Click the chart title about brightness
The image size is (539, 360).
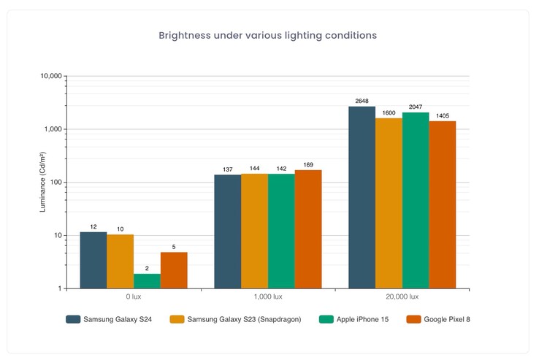coord(268,35)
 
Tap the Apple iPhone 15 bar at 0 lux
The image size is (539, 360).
coord(147,281)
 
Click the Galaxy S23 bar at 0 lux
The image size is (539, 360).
coord(120,261)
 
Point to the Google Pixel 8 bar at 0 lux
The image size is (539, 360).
coord(174,270)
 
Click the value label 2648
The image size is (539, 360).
coord(362,100)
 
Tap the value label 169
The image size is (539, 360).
coord(308,164)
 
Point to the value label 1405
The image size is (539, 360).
coord(443,115)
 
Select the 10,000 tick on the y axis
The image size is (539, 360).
coord(53,76)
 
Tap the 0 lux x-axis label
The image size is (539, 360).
coord(134,297)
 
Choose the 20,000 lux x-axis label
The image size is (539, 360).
coord(402,297)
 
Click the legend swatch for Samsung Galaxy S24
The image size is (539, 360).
coord(72,319)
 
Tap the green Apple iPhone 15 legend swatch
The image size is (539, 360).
coord(326,319)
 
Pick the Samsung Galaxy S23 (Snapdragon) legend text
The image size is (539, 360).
coord(244,319)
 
